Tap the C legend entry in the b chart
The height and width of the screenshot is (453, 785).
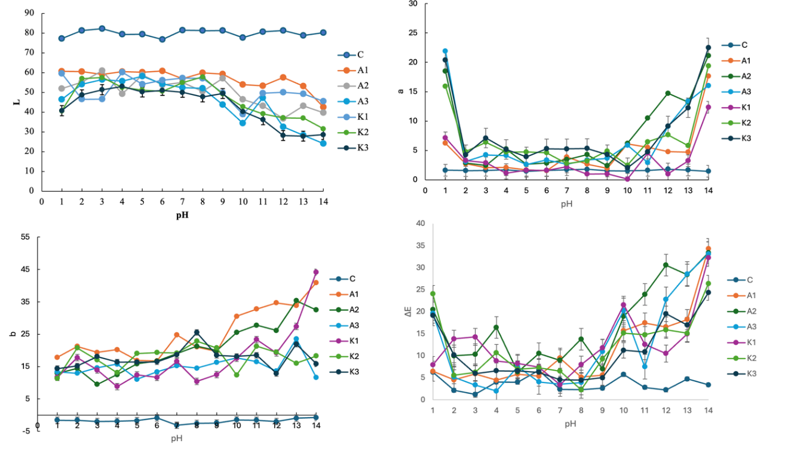click(x=352, y=278)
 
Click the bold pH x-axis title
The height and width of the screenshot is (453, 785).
click(x=182, y=215)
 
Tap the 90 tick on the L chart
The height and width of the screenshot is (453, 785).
click(x=29, y=13)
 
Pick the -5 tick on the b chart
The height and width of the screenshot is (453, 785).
click(x=26, y=431)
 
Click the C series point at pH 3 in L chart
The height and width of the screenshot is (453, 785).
click(x=102, y=29)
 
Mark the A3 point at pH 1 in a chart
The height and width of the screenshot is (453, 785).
click(x=445, y=51)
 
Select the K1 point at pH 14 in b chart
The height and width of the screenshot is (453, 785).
click(x=316, y=272)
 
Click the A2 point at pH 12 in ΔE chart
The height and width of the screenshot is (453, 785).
click(x=666, y=265)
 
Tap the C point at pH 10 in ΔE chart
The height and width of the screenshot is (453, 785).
click(x=623, y=375)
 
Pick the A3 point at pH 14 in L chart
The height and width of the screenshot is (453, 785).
click(x=323, y=143)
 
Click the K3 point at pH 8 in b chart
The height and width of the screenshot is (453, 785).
click(x=197, y=332)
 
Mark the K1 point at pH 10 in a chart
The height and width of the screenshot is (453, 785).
click(x=627, y=179)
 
